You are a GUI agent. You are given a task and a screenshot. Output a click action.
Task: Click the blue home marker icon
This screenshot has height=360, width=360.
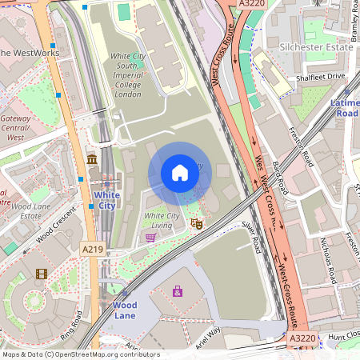(180, 173)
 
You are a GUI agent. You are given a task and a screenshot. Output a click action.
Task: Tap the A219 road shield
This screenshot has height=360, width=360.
(93, 250)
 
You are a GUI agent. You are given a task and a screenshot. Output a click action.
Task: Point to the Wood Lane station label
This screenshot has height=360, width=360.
(124, 310)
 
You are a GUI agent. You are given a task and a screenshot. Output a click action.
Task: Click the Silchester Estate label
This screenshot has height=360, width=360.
(316, 47)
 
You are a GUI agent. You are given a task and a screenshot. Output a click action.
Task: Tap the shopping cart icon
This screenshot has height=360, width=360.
(150, 237)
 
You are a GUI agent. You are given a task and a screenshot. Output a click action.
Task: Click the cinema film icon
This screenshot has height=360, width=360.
(41, 274)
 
